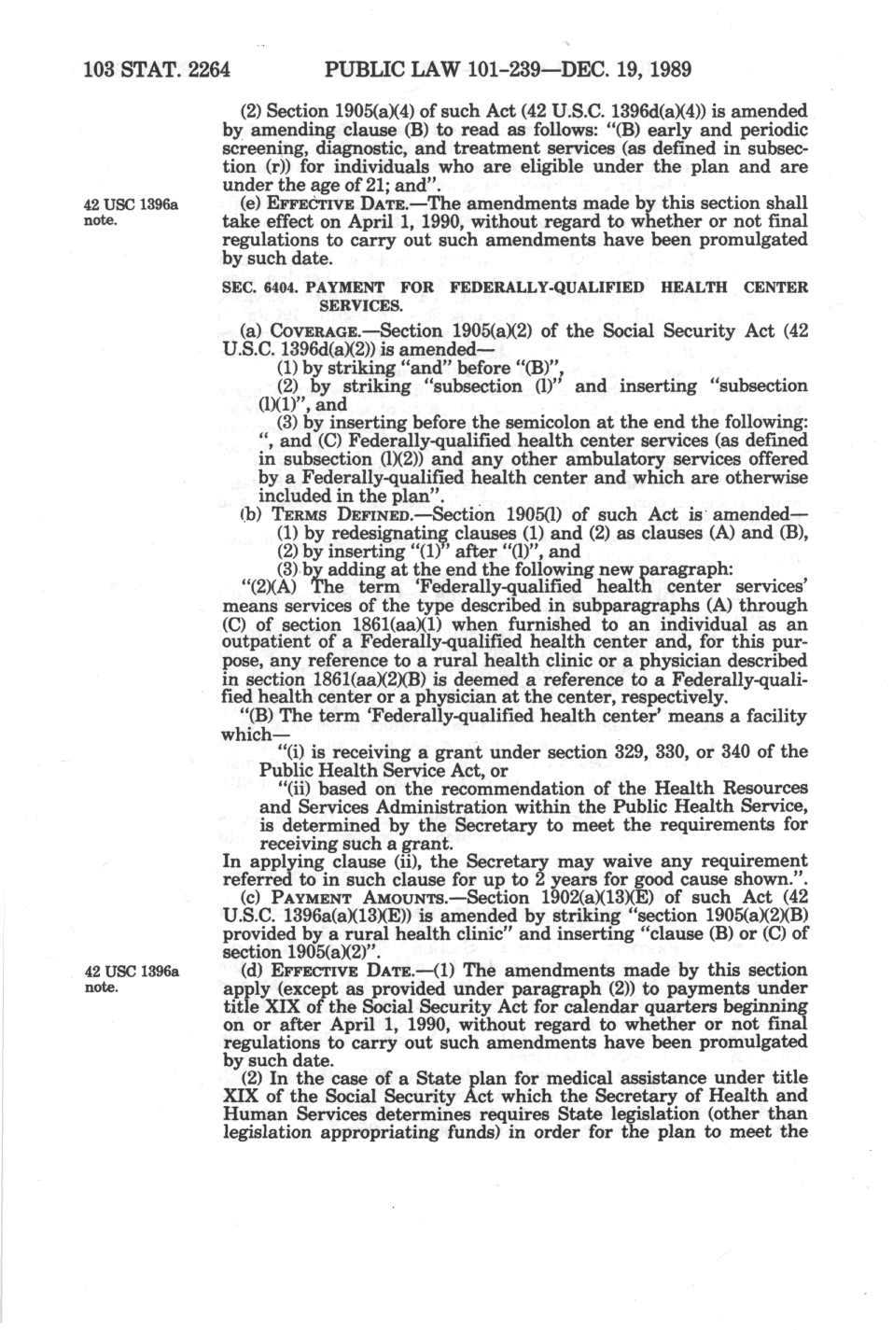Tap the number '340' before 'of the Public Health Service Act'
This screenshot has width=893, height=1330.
click(719, 752)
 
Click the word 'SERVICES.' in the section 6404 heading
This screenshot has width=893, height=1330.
click(361, 305)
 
